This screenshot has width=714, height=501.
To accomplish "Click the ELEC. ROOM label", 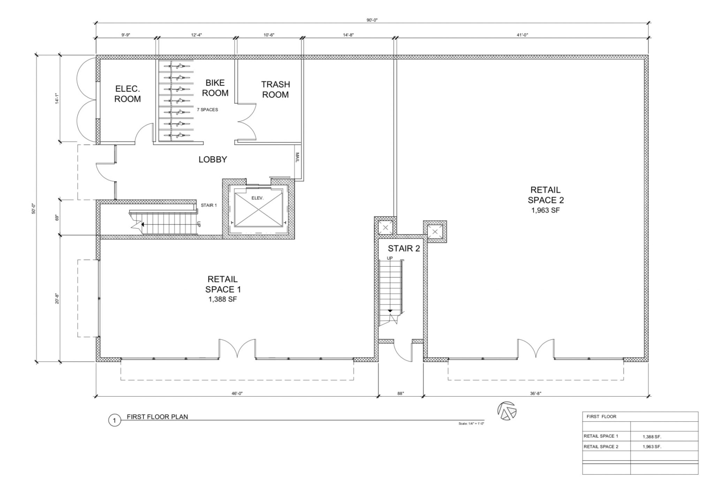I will pos(128,94).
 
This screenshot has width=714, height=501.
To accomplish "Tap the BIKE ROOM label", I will pos(215,88).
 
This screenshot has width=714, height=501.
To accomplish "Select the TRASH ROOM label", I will pos(275,89).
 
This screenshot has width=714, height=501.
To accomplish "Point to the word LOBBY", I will pos(213,160).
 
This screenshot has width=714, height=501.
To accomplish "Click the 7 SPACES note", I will pos(207,110).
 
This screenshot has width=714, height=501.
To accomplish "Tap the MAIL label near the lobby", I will pos(297,157).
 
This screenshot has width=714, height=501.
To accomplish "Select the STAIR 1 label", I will pos(208,205).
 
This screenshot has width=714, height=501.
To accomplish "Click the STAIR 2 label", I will pos(404,248).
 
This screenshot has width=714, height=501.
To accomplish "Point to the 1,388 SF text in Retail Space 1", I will pos(222,299).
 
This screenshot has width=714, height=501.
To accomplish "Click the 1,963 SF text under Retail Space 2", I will pos(546,210).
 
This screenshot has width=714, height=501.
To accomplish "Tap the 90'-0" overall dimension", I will pos(372,20).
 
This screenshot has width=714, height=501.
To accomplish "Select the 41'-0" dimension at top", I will pos(523,34).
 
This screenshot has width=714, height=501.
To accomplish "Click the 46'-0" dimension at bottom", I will pos(237,393).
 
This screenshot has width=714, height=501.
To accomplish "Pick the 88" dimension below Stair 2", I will pos(401,393).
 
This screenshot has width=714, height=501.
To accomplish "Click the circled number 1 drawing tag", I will pos(114,421).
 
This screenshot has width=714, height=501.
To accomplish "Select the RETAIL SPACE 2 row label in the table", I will pos(601,446).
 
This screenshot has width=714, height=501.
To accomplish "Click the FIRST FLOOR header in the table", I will pos(601,416).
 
